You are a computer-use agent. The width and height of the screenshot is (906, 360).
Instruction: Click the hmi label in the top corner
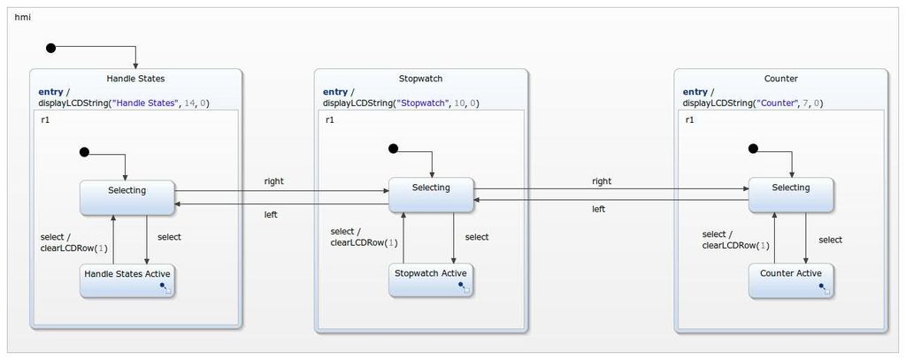click(22, 18)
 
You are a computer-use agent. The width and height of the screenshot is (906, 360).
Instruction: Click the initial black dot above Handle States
click(51, 48)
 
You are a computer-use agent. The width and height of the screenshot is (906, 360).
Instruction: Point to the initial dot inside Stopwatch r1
click(394, 149)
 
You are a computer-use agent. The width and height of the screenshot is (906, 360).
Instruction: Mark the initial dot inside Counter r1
click(753, 149)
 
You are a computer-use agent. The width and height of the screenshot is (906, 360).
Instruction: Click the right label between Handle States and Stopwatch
click(274, 181)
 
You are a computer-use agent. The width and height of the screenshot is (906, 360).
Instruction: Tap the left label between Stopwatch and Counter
click(598, 210)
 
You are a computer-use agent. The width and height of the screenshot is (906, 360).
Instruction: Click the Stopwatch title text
click(420, 79)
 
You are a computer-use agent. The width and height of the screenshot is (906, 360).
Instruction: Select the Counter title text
click(780, 79)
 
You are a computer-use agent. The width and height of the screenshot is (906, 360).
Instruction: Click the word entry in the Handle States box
click(50, 92)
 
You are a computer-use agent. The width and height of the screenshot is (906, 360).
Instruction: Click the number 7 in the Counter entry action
click(806, 103)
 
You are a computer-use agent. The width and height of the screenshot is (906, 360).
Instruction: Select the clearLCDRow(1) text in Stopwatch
click(364, 243)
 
